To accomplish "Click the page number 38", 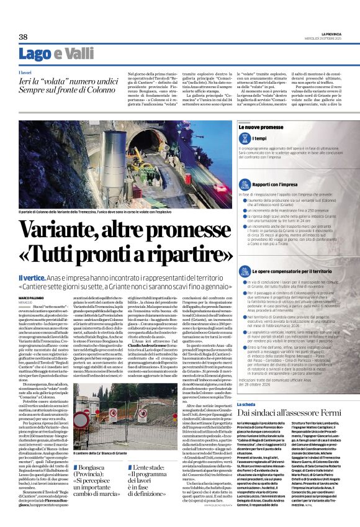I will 23,37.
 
